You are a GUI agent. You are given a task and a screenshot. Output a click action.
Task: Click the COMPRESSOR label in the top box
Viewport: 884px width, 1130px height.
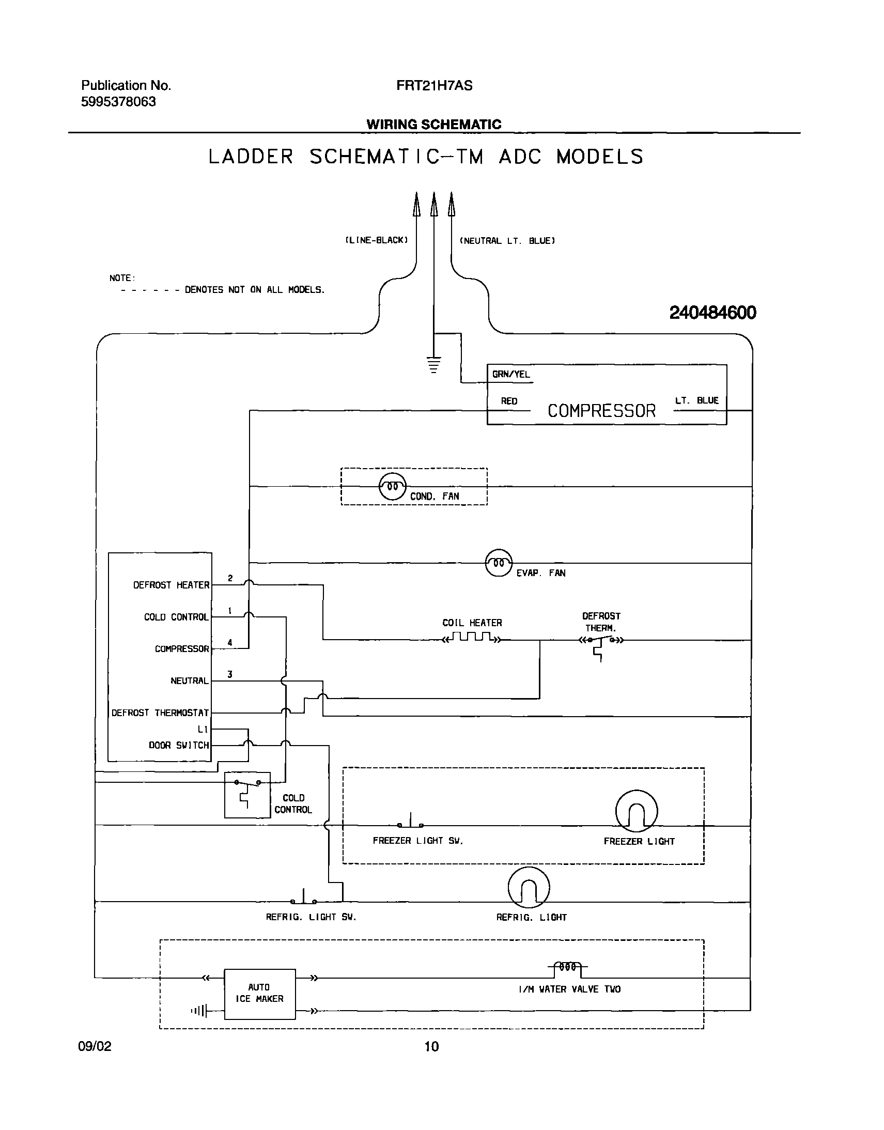(601, 411)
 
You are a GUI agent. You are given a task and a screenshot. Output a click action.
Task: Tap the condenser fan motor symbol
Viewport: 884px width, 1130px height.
(392, 487)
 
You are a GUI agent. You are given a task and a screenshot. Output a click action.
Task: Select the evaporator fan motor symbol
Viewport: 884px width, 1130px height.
(499, 563)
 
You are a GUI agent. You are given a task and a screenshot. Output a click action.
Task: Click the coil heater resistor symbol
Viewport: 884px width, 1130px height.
(472, 638)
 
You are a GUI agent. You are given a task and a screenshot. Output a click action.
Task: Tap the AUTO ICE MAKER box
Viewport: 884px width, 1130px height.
(259, 994)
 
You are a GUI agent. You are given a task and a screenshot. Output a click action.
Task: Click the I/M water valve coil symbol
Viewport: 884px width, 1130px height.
(567, 967)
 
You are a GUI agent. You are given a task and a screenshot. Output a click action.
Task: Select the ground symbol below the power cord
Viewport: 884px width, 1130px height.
(433, 364)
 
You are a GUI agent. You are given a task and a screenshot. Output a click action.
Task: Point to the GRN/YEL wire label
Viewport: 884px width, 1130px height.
(511, 374)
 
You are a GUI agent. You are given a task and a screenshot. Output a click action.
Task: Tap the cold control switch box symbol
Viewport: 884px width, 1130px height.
(247, 795)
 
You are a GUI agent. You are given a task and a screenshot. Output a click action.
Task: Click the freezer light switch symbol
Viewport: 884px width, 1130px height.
(410, 822)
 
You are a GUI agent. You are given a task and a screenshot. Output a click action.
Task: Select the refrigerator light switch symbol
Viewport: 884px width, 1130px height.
(303, 898)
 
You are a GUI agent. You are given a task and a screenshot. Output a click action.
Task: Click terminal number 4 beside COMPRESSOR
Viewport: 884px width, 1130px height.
(230, 642)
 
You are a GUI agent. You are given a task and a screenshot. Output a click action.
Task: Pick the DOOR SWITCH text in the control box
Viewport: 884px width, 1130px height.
(179, 746)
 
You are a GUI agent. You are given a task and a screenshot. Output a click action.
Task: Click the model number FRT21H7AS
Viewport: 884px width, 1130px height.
(434, 86)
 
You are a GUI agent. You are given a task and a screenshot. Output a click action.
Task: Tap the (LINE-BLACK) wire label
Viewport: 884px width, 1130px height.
(376, 240)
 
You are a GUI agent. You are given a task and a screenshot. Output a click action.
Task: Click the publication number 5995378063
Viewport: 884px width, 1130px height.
(118, 102)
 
